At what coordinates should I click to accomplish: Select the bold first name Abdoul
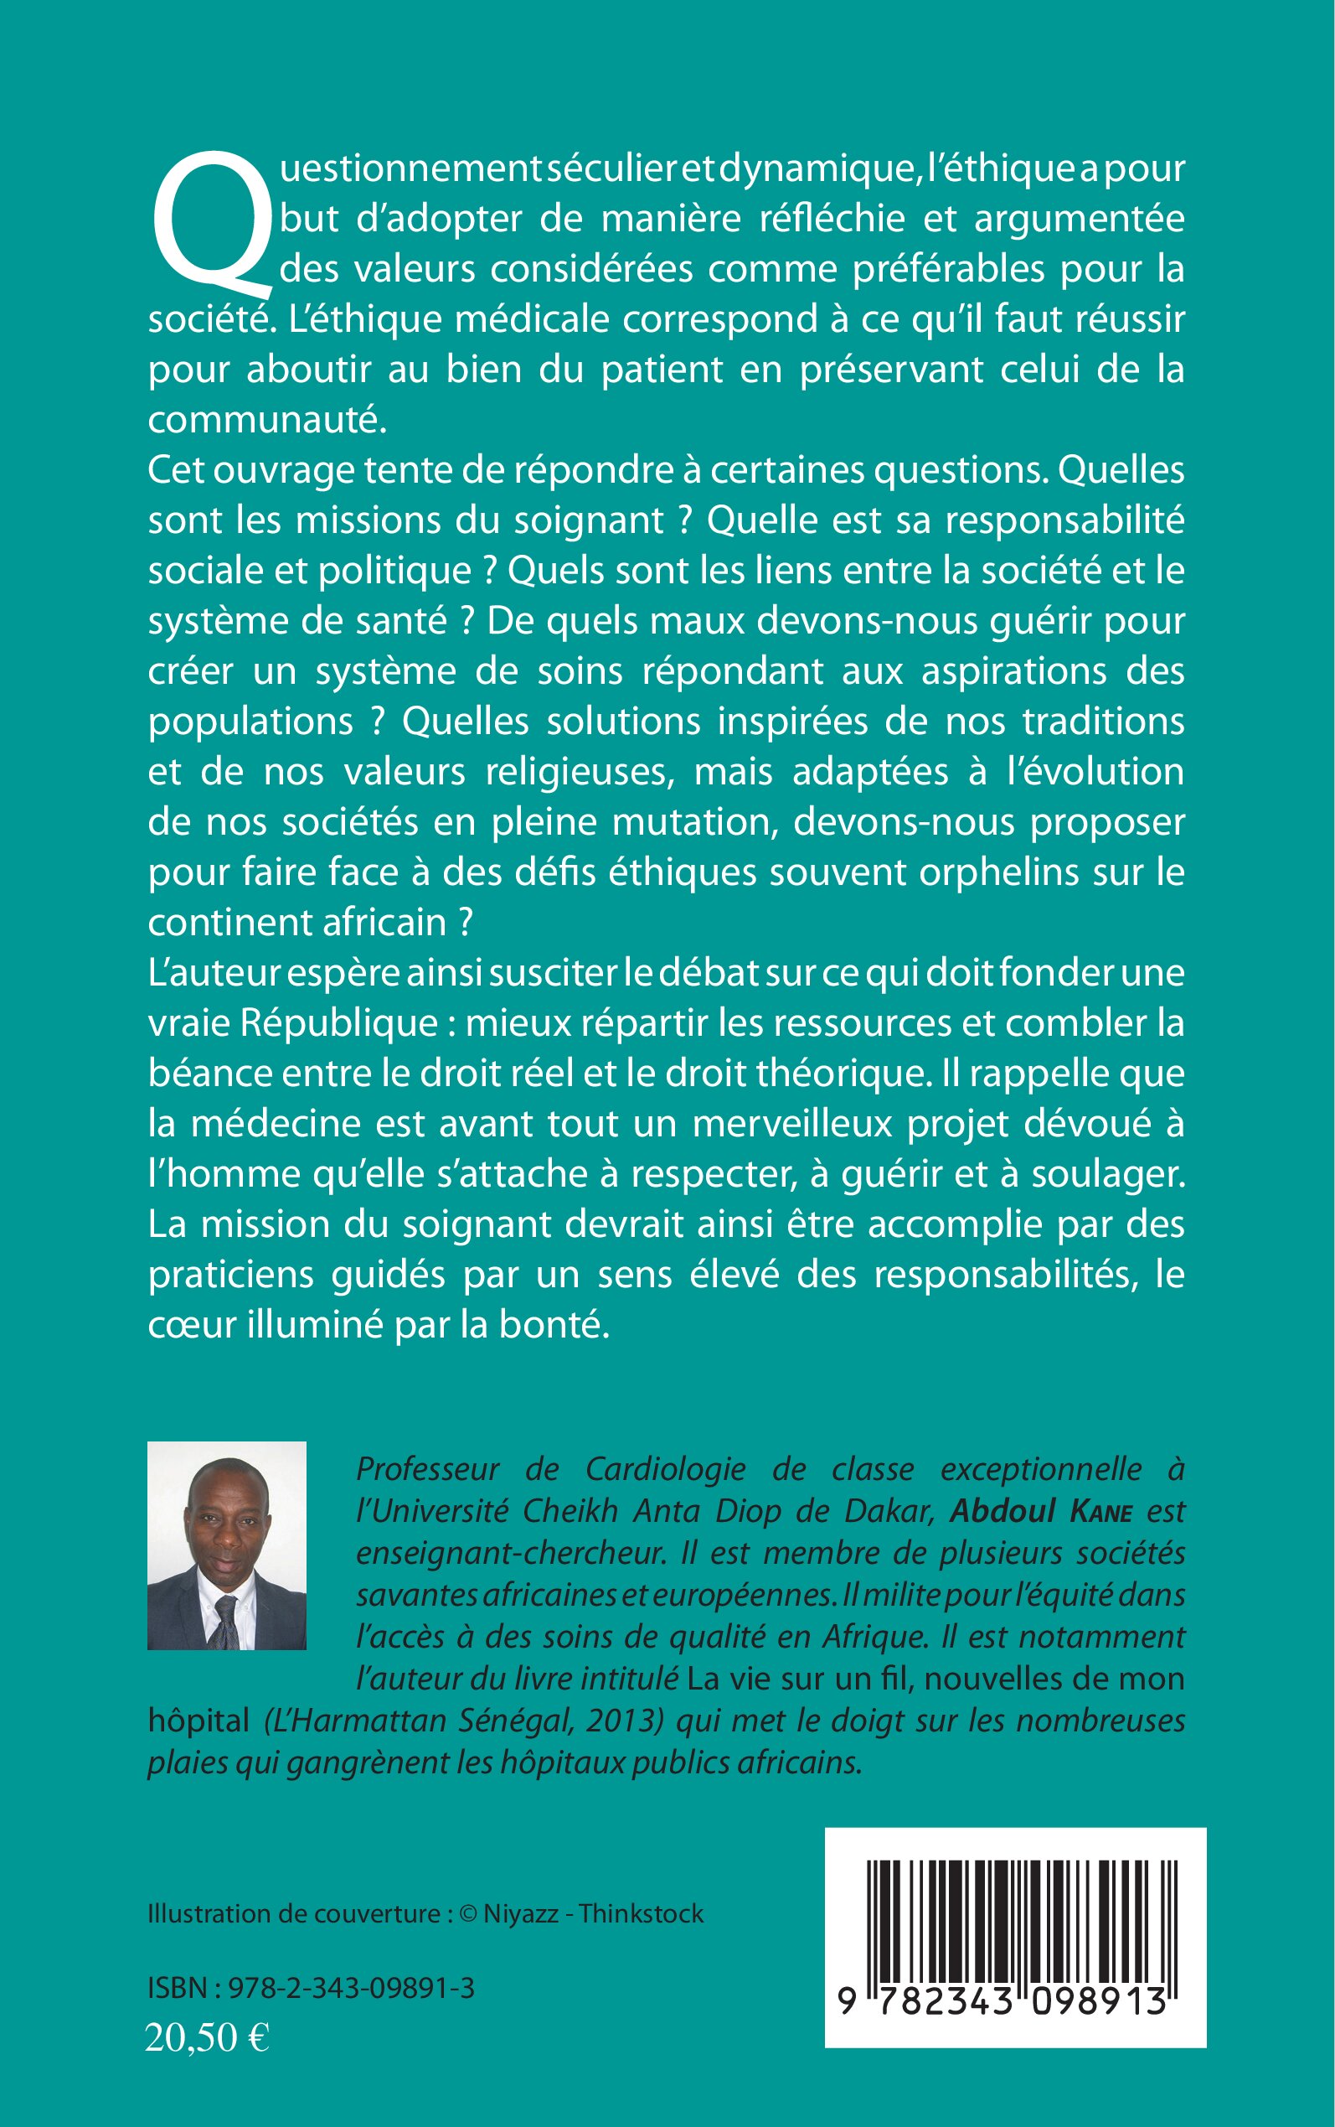[x=1003, y=1510]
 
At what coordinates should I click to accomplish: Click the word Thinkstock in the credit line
[x=642, y=1914]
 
